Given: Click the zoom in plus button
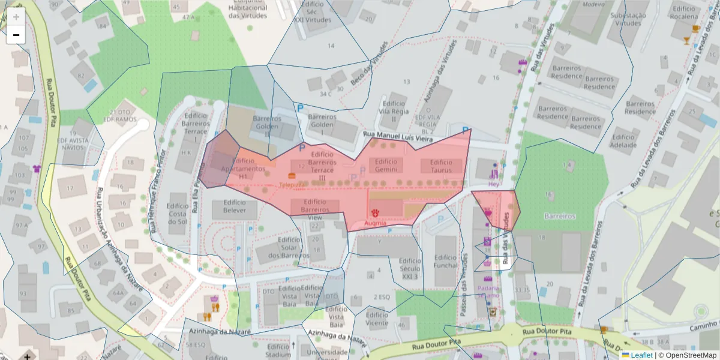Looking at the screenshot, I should tap(16, 17).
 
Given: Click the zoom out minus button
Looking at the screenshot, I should tap(16, 35).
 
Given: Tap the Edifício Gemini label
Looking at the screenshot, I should tap(386, 166).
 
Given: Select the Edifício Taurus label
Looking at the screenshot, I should tap(441, 166).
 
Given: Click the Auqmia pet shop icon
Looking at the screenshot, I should tap(376, 213).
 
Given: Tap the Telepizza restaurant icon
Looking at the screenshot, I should tap(292, 175).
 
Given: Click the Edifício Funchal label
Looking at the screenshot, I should tap(445, 261).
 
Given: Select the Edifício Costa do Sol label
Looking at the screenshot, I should tap(178, 209).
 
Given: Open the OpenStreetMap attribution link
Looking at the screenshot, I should tap(689, 355).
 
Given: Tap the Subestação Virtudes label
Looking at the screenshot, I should tap(629, 19).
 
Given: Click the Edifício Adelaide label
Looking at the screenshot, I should tap(623, 140).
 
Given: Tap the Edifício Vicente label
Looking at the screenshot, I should tap(377, 319).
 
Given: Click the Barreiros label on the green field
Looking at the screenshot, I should tap(559, 215).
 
